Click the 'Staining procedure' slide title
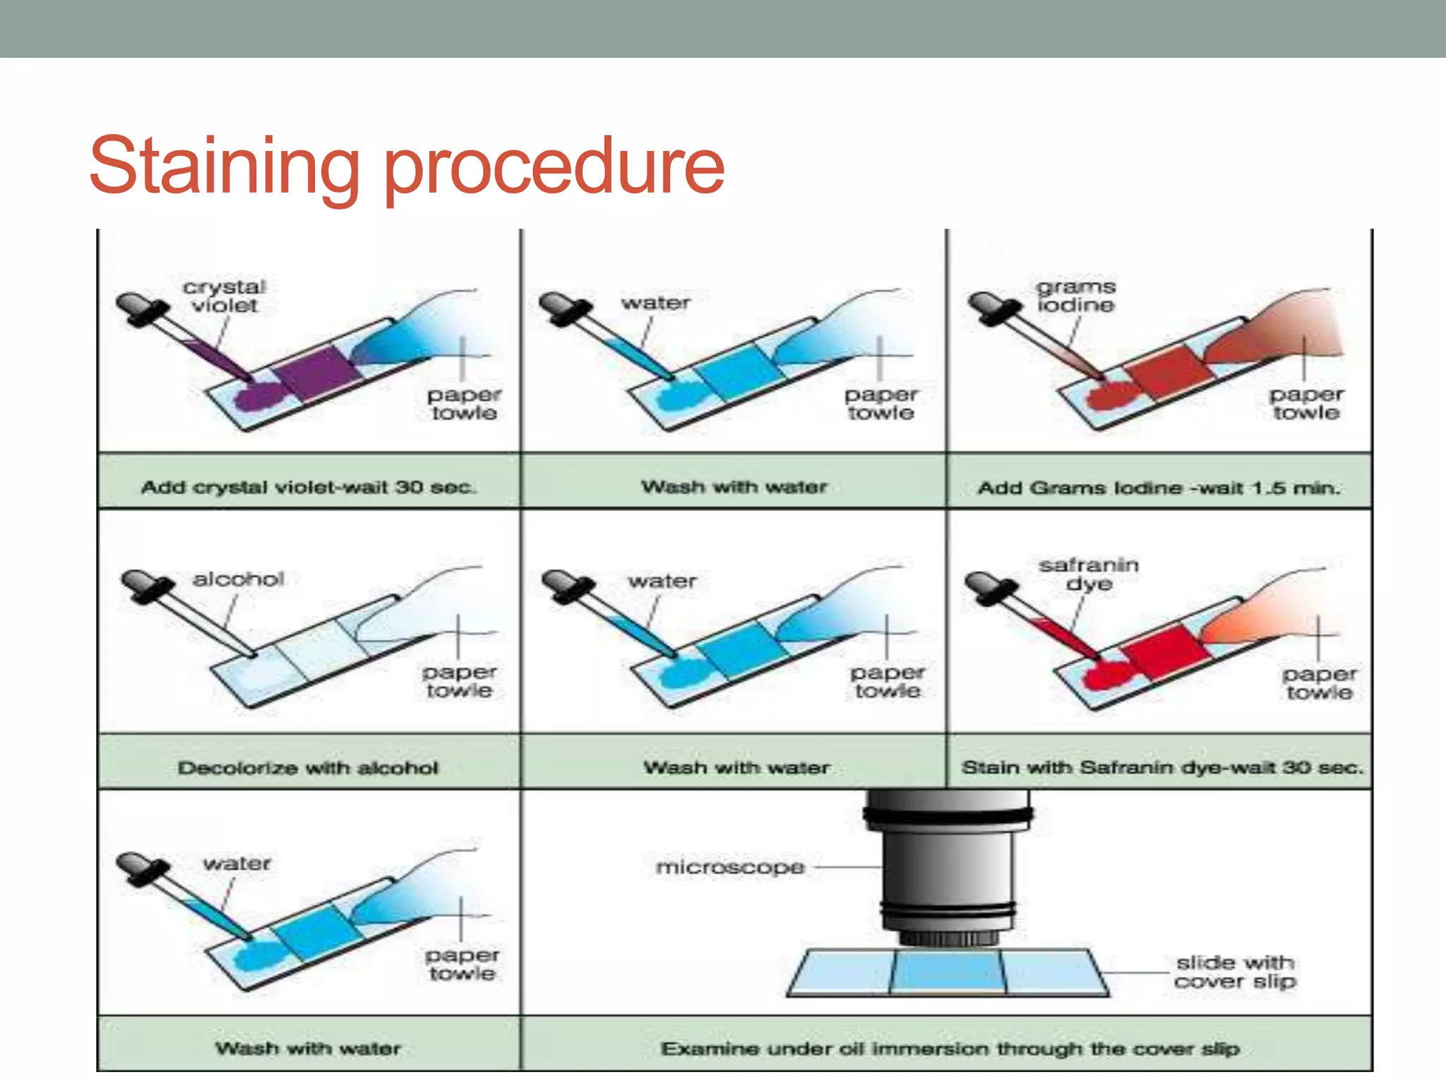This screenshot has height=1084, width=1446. (x=407, y=167)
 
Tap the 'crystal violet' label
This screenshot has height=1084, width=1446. (x=225, y=296)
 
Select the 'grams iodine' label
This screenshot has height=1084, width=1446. (x=1076, y=296)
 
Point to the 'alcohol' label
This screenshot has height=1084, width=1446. (x=239, y=579)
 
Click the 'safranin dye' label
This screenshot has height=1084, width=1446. (x=1089, y=574)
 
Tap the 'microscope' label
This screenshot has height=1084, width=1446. (x=730, y=867)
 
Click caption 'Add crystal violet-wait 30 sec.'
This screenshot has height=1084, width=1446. (x=309, y=487)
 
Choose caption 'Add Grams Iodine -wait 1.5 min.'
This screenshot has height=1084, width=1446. (x=1159, y=488)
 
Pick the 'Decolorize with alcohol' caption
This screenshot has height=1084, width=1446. (x=308, y=767)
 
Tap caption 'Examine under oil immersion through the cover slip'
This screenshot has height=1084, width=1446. (x=950, y=1049)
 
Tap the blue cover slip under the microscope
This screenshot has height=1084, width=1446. (x=948, y=971)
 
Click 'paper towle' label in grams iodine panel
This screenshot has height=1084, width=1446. (x=1306, y=404)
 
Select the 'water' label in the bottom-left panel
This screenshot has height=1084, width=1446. (x=237, y=863)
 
